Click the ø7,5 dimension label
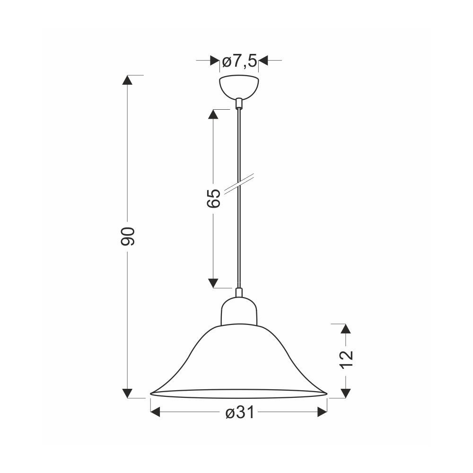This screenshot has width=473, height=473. point(239,61)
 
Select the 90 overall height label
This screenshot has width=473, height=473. point(127,236)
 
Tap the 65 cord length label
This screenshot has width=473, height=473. point(214,199)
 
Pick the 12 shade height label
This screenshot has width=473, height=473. point(346,360)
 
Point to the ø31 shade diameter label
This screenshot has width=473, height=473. point(240,412)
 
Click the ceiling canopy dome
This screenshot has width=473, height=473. point(239,88)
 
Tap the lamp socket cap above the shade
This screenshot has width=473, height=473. point(239,311)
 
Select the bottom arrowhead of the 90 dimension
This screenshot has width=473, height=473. point(127,393)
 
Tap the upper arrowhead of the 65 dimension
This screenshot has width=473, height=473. point(213,114)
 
